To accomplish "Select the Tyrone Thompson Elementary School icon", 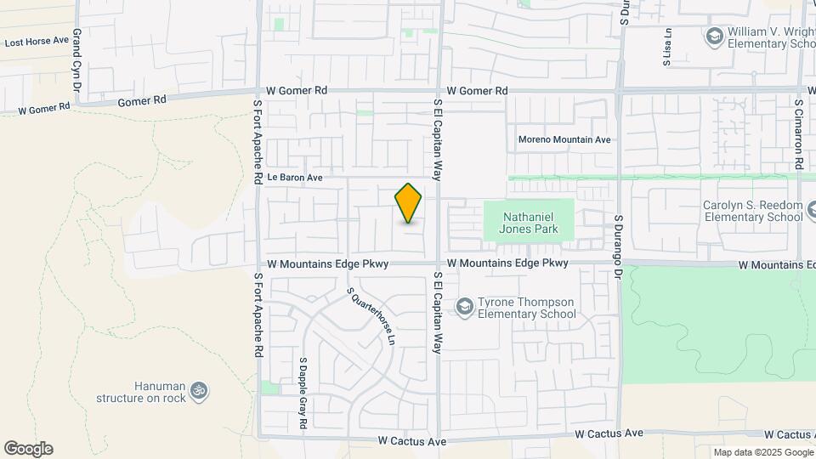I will click(x=465, y=305).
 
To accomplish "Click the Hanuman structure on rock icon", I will click(x=199, y=390).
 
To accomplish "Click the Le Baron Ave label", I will click(x=295, y=178).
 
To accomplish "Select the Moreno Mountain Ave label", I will click(x=564, y=139).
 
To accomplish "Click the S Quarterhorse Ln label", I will click(x=372, y=314).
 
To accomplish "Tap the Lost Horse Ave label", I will click(x=37, y=41).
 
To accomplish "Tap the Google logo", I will click(x=28, y=449).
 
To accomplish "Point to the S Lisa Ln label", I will click(x=667, y=46).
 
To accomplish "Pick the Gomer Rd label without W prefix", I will click(x=142, y=100).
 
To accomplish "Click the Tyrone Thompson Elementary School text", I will click(x=526, y=308).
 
